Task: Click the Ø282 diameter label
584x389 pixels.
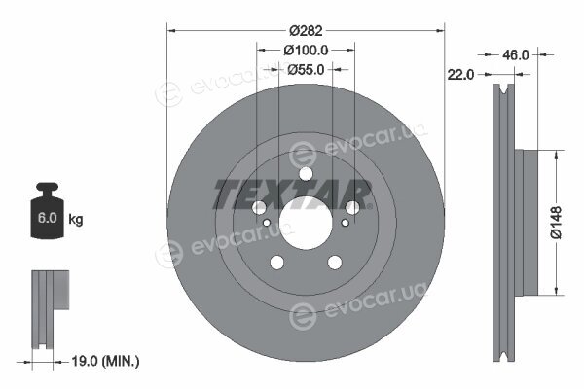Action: click(x=306, y=30)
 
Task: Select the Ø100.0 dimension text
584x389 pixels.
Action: click(x=306, y=50)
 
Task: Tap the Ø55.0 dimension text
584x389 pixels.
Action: click(x=306, y=69)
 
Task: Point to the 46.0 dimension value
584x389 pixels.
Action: click(x=516, y=55)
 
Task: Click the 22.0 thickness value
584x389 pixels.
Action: click(x=460, y=75)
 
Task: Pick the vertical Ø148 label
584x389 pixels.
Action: click(x=556, y=223)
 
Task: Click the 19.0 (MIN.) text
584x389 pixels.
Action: click(x=105, y=361)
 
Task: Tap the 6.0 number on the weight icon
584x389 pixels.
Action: click(x=48, y=218)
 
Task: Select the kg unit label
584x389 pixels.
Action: click(x=76, y=219)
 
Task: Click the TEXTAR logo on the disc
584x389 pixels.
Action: click(x=292, y=194)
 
